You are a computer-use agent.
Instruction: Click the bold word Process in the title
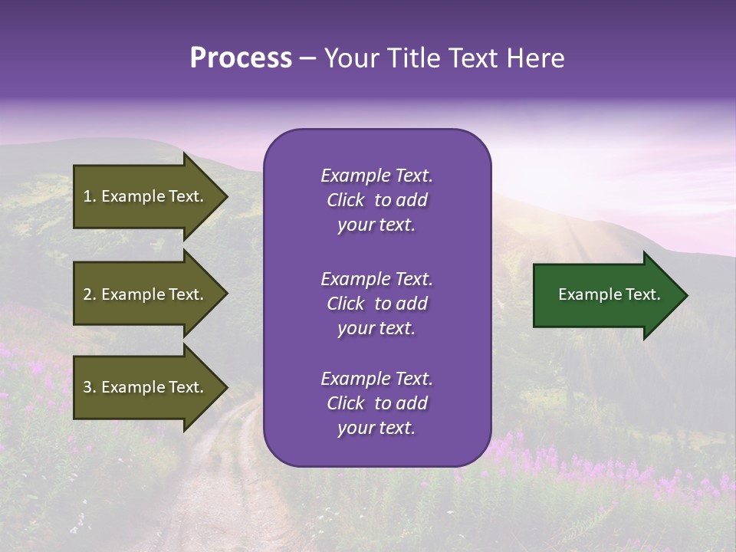241,58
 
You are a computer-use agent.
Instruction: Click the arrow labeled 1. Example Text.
146,196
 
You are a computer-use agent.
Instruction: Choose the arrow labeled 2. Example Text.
146,294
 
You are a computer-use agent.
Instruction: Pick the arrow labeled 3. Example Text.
146,387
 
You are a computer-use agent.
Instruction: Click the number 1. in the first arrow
90,196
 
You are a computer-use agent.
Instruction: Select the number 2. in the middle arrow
90,294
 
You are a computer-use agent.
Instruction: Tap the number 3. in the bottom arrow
90,387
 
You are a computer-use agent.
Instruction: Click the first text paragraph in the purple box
376,200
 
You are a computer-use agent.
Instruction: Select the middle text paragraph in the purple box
376,303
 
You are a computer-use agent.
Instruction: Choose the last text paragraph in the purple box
376,403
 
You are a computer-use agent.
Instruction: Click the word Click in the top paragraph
346,200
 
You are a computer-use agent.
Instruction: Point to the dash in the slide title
308,59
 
